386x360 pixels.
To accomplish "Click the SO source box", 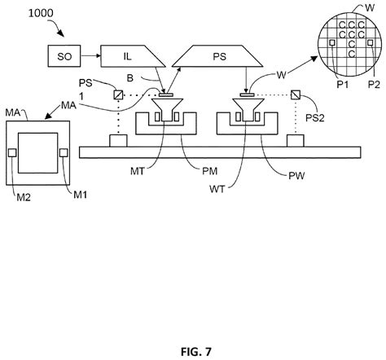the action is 64,56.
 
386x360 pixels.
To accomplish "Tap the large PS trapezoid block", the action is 217,56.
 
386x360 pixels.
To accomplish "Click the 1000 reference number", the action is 41,13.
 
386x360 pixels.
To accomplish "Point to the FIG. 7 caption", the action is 196,352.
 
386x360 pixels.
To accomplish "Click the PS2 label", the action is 315,118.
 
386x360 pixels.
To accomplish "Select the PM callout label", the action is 210,171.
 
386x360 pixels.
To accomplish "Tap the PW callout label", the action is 296,176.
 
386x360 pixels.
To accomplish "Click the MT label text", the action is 138,171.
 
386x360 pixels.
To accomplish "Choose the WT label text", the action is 217,189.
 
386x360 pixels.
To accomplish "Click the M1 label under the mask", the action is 81,195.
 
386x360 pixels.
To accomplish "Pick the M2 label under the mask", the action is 24,197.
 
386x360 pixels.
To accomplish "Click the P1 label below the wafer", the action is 343,85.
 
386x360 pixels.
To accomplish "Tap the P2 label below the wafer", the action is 374,85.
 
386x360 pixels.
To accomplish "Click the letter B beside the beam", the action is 130,78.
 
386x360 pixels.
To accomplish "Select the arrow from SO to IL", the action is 90,56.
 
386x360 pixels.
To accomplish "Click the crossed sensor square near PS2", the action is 296,94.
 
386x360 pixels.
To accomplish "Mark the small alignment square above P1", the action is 332,42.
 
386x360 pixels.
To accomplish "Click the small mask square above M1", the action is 64,152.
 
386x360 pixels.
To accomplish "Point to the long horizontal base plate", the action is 220,152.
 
